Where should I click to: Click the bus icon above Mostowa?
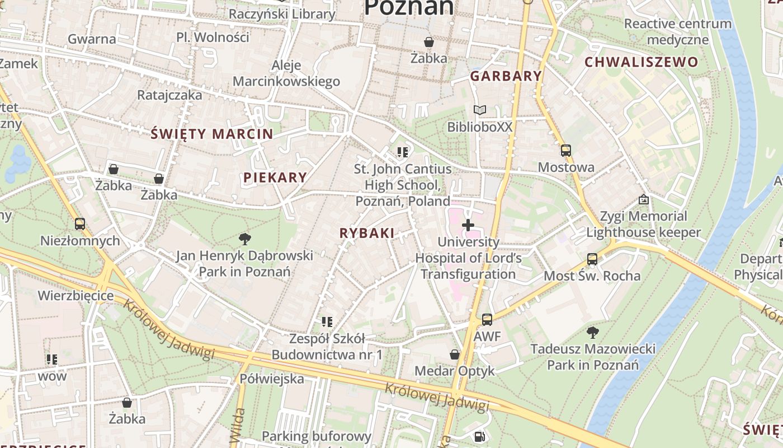(x=566, y=150)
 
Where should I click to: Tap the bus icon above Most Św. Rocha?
(x=592, y=259)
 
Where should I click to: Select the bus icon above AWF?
(x=487, y=320)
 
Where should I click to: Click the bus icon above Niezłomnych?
(x=80, y=224)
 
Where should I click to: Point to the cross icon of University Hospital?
(x=468, y=225)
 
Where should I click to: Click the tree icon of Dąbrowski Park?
(x=244, y=239)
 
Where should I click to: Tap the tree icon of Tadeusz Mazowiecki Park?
(x=592, y=333)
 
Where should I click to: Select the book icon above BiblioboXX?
(x=479, y=110)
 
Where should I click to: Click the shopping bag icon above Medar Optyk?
(x=455, y=354)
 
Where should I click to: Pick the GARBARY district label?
(x=506, y=76)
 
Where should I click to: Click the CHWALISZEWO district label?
(x=642, y=62)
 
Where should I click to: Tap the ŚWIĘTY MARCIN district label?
(x=212, y=134)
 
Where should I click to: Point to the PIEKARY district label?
(x=275, y=178)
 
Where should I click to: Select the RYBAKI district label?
(x=367, y=233)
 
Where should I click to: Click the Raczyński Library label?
(x=282, y=14)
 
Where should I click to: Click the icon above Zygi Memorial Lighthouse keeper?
(x=643, y=199)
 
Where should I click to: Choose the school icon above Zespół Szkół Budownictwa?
(x=327, y=322)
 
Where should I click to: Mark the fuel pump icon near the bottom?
(x=479, y=436)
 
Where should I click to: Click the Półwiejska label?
(x=272, y=379)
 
